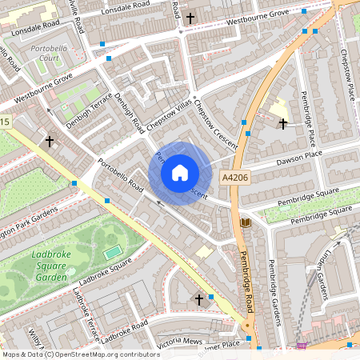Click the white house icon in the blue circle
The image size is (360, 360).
pyautogui.click(x=180, y=173)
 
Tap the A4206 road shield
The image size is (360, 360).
pyautogui.click(x=236, y=178)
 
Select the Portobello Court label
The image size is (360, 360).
pyautogui.click(x=50, y=54)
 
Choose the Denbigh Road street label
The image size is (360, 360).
pyautogui.click(x=128, y=114)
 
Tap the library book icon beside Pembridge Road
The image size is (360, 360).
pyautogui.click(x=246, y=222)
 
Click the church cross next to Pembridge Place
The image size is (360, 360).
pyautogui.click(x=282, y=123)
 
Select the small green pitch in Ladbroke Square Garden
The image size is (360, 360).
pyautogui.click(x=113, y=252)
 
